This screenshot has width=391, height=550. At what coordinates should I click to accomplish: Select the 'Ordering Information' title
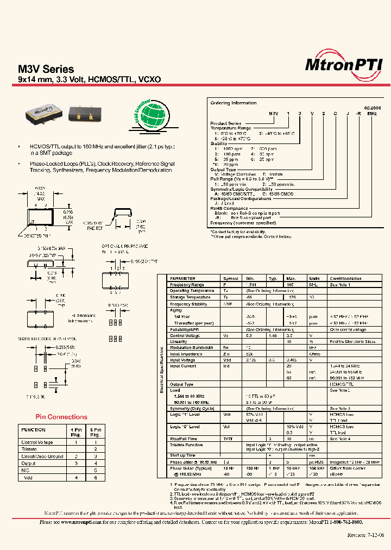click(x=233, y=103)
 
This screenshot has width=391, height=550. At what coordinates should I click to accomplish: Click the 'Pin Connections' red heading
click(x=61, y=417)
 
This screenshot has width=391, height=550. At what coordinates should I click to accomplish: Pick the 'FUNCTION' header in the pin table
click(x=33, y=429)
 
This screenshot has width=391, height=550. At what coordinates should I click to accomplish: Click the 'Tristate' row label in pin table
click(x=29, y=449)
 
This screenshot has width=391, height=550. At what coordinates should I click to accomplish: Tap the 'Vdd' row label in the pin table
click(x=29, y=477)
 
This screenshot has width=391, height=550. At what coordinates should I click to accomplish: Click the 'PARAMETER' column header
click(x=182, y=278)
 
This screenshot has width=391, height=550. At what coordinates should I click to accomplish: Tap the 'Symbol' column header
click(x=231, y=278)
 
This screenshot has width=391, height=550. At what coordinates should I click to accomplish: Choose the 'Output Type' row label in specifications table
click(x=181, y=384)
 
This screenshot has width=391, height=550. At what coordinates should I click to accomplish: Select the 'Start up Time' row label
click(x=182, y=455)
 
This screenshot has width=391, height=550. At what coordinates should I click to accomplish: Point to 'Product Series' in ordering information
click(x=226, y=123)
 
